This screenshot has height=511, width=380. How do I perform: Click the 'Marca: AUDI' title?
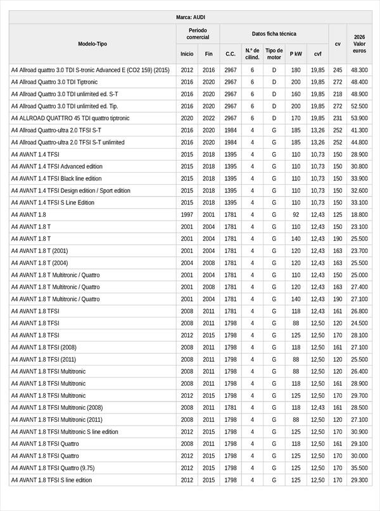190,17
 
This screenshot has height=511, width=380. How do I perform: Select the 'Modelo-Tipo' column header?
92,44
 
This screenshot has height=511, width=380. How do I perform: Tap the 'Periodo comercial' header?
198,34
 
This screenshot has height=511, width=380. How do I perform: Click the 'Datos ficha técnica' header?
274,34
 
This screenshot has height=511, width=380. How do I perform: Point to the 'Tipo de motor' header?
274,54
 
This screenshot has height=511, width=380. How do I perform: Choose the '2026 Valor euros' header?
359,44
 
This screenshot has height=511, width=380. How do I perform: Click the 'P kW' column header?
296,54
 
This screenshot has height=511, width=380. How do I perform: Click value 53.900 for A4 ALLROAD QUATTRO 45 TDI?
359,118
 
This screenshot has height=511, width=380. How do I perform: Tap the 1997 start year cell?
187,214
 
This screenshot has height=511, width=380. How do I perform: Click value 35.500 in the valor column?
359,468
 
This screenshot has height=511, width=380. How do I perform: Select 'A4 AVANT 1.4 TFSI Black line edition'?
56,178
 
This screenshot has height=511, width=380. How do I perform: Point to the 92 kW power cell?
296,214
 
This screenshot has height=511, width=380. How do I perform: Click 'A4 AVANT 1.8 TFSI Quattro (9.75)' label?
52,468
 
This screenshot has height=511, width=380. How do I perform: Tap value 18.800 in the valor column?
359,214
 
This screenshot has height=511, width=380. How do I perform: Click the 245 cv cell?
338,70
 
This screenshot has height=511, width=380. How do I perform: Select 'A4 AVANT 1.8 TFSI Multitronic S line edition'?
65,432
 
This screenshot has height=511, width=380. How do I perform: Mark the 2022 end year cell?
209,118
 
